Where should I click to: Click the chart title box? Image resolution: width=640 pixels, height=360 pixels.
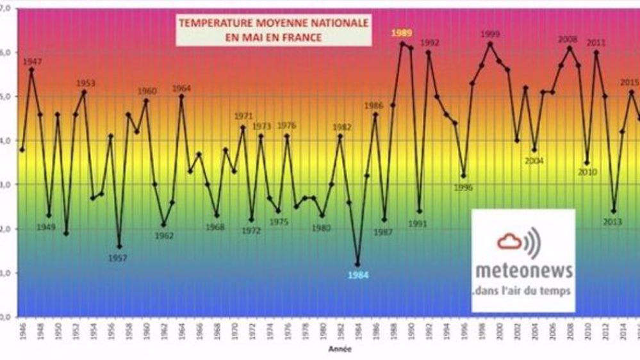click(273, 30)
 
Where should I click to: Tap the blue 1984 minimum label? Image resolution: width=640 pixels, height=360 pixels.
click(357, 275)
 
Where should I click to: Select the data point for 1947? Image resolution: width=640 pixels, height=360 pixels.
click(31, 69)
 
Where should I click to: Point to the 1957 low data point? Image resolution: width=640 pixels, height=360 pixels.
click(119, 247)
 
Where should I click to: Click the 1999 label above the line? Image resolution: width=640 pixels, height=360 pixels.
click(490, 34)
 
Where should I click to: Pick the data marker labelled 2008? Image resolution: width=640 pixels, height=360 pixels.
click(570, 48)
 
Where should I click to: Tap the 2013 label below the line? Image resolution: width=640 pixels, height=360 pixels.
click(612, 222)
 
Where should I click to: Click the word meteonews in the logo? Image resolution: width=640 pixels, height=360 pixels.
click(523, 272)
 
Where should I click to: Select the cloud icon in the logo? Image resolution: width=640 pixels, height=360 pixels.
click(510, 241)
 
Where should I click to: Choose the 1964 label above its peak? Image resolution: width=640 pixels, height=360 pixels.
click(181, 88)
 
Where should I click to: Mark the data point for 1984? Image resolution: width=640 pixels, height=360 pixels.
click(357, 265)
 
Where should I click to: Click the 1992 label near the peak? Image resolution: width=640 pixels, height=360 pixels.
click(429, 42)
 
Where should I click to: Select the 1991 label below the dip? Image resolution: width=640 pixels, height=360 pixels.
click(417, 224)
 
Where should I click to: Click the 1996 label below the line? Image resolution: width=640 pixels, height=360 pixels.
click(463, 188)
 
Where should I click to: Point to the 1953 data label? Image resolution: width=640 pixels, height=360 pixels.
click(85, 83)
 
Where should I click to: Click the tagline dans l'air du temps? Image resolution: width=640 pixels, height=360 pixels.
click(523, 291)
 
